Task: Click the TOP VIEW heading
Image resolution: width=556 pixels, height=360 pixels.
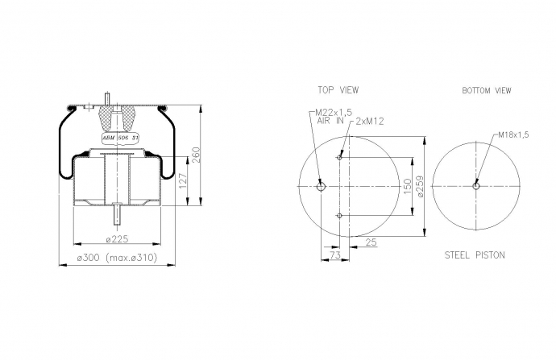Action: point(338,90)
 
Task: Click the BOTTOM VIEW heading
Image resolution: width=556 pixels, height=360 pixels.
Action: point(487,91)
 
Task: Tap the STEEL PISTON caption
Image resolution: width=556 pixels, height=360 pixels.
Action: point(475,255)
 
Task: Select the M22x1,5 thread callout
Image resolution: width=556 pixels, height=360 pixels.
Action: point(334,112)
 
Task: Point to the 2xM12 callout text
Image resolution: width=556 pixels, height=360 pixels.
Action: point(370,121)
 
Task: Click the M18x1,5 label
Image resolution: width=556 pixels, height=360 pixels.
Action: point(513,134)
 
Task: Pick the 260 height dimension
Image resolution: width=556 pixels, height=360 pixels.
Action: point(196,155)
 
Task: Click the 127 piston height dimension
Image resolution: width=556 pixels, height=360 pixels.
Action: point(183,180)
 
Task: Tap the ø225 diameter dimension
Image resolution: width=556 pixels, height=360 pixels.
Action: point(117,239)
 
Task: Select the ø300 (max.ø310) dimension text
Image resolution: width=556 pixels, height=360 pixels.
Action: point(117,258)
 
